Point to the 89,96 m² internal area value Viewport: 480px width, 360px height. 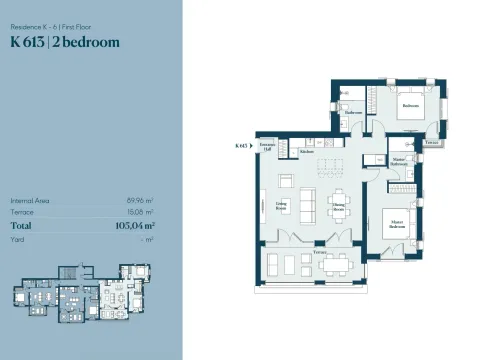click(x=139, y=200)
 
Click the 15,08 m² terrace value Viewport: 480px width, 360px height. click(x=140, y=212)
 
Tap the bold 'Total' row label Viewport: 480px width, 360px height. click(x=22, y=226)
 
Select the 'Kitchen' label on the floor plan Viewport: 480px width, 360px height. click(x=308, y=151)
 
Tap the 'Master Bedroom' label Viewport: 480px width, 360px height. click(x=396, y=226)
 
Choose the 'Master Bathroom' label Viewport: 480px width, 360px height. click(x=399, y=161)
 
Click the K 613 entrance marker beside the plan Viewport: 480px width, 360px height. click(x=241, y=145)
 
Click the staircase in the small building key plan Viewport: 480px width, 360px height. click(x=70, y=273)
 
